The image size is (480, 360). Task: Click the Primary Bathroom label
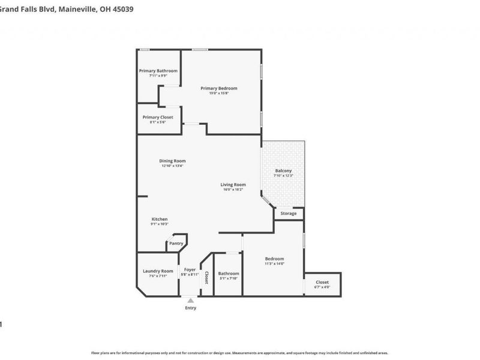(x=158, y=71)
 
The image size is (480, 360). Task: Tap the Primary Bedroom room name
(x=219, y=88)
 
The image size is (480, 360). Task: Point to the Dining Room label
(x=172, y=161)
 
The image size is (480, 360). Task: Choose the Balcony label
(x=283, y=171)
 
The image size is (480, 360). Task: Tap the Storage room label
(x=289, y=214)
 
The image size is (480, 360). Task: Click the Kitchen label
(x=160, y=219)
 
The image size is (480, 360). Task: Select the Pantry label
(x=176, y=243)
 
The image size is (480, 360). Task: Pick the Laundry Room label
(x=158, y=271)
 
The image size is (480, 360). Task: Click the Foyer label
(x=190, y=270)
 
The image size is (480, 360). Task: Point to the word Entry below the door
(x=190, y=308)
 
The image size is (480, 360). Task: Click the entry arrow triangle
(x=190, y=299)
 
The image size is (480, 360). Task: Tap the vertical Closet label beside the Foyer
(x=206, y=277)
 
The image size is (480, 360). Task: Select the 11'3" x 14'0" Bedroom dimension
(x=274, y=263)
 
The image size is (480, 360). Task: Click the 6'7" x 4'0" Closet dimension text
(x=322, y=287)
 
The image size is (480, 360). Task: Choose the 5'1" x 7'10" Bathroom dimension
(x=229, y=278)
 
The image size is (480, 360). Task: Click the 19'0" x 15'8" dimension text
(x=219, y=93)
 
